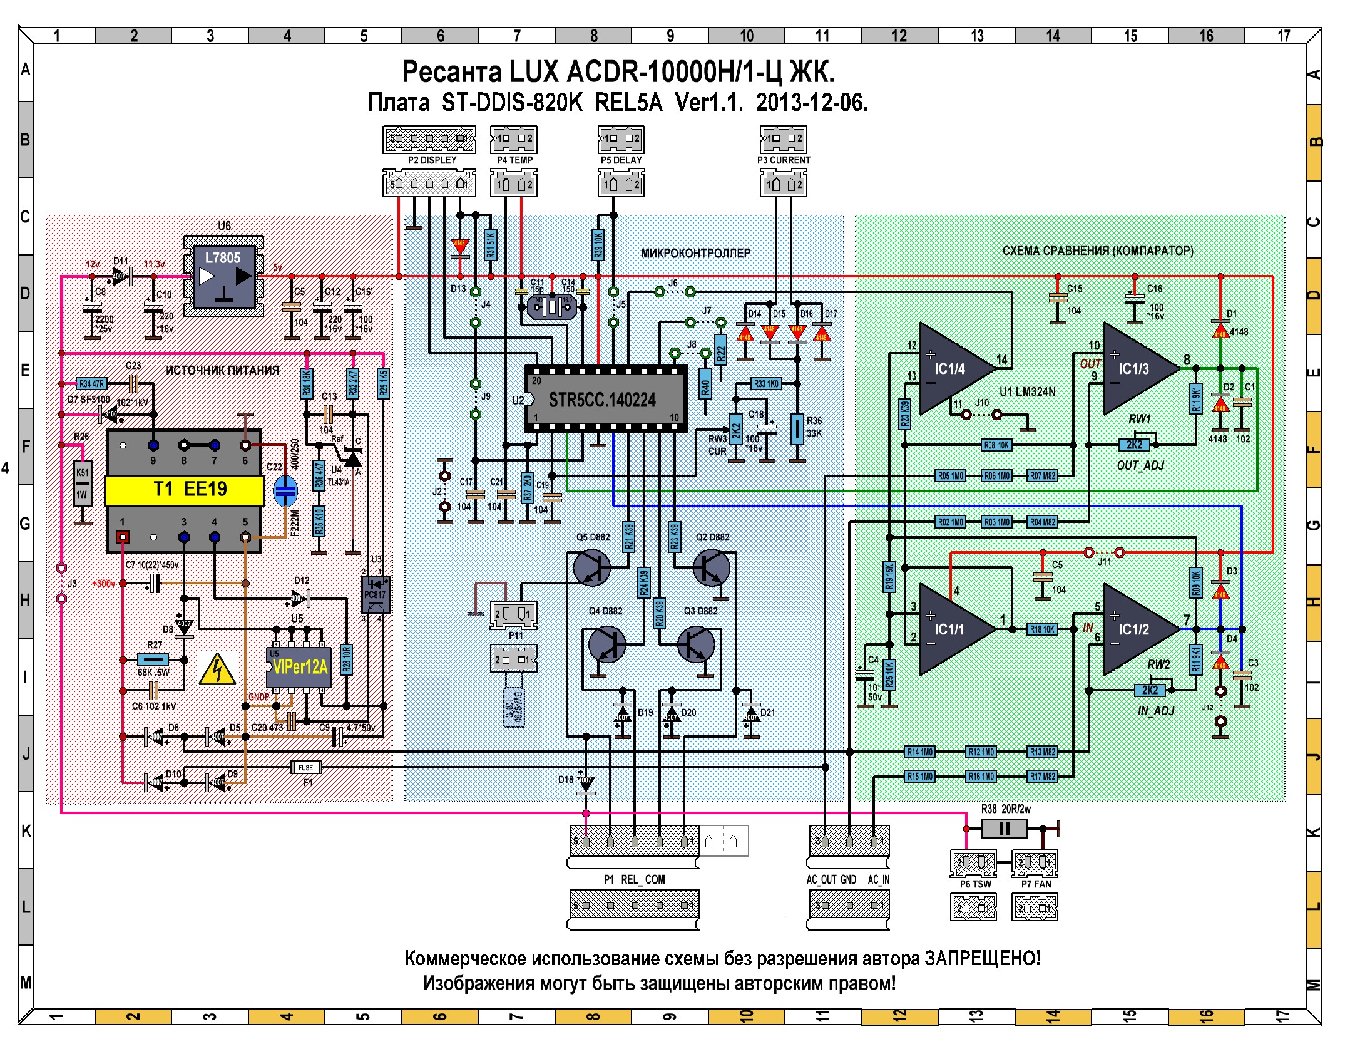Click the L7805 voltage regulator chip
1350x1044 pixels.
click(223, 276)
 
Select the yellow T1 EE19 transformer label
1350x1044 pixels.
click(184, 490)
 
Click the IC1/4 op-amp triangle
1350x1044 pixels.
click(953, 369)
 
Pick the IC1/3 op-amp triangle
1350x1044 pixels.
click(1137, 369)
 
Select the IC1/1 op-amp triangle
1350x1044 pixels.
click(953, 629)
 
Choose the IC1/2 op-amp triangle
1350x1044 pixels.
click(1137, 629)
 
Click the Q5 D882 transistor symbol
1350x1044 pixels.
click(591, 567)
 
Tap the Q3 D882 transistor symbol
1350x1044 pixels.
click(697, 644)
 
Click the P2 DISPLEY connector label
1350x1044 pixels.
click(432, 160)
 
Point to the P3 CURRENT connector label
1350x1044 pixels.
click(784, 160)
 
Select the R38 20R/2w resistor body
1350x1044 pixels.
click(1004, 829)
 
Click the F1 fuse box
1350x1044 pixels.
click(306, 767)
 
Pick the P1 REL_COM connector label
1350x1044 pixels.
click(634, 879)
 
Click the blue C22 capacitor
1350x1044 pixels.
click(285, 492)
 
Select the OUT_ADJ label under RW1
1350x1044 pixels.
click(1140, 465)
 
